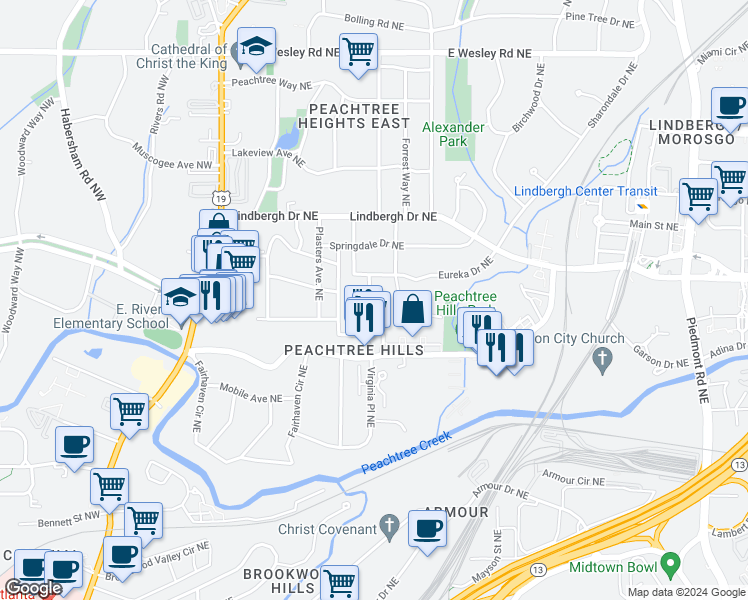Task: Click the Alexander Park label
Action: [453, 134]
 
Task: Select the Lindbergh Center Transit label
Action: [585, 191]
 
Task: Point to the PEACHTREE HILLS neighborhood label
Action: [354, 351]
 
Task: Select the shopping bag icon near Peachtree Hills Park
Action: [412, 309]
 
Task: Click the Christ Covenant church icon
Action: [391, 526]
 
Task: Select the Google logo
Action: [33, 589]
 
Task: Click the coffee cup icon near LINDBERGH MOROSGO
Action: [729, 105]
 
